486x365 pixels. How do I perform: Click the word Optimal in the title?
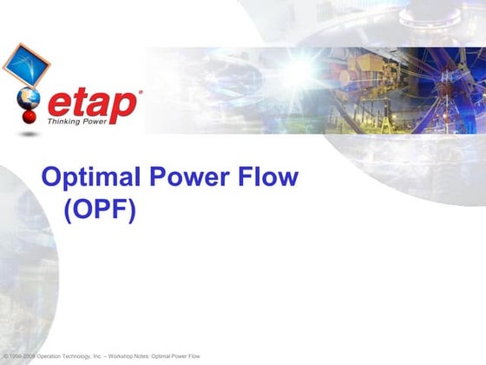[x=86, y=179]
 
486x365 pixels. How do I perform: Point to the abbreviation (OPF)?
[x=101, y=211]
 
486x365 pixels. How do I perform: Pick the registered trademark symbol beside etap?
[x=140, y=90]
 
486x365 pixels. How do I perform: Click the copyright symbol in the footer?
[x=5, y=357]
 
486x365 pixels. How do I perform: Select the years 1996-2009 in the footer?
[x=22, y=357]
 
